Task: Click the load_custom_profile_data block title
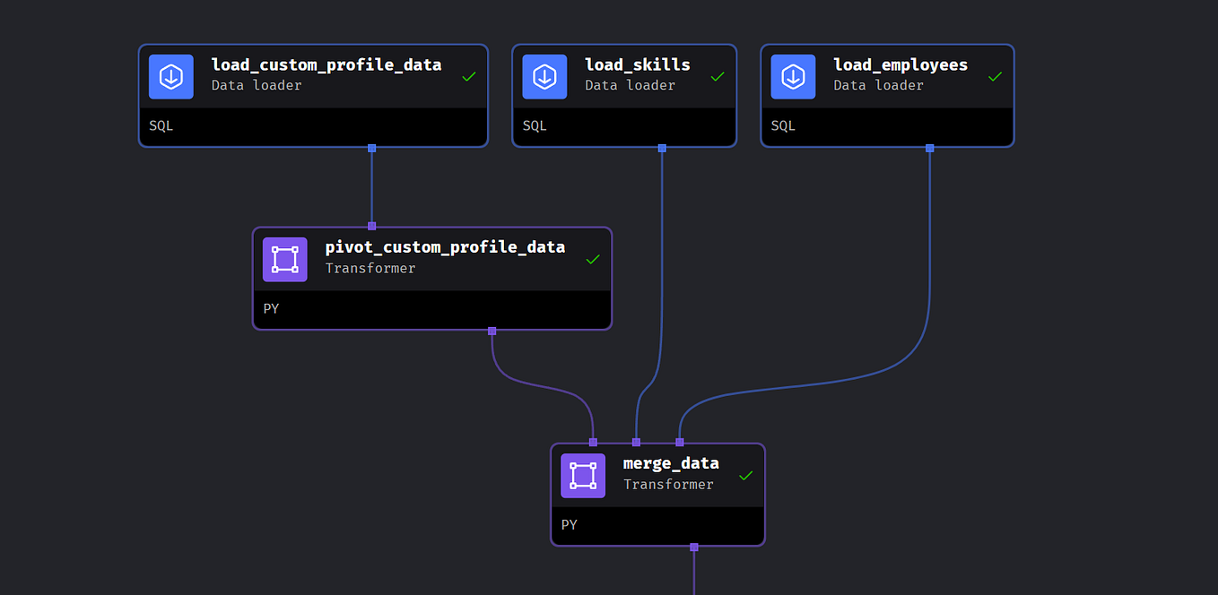click(x=326, y=65)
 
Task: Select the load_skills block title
click(x=637, y=65)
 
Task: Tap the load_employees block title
click(x=900, y=65)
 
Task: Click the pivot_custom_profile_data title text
click(x=445, y=246)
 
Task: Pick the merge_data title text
click(x=670, y=462)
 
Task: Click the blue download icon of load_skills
click(x=544, y=77)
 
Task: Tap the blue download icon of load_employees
click(x=793, y=77)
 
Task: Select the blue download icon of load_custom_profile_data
click(x=171, y=77)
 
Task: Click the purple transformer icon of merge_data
click(x=583, y=476)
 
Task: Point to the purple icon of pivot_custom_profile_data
click(x=285, y=260)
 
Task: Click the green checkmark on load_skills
click(x=717, y=77)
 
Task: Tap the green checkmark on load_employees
click(x=995, y=77)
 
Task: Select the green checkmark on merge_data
click(x=745, y=476)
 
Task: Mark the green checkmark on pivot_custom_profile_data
click(x=592, y=260)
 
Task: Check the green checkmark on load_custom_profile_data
click(x=468, y=77)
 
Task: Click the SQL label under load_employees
click(x=783, y=126)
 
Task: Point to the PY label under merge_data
click(x=570, y=525)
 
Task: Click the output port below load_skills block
click(x=662, y=148)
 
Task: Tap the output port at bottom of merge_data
click(x=693, y=547)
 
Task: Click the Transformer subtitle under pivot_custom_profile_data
click(x=370, y=268)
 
